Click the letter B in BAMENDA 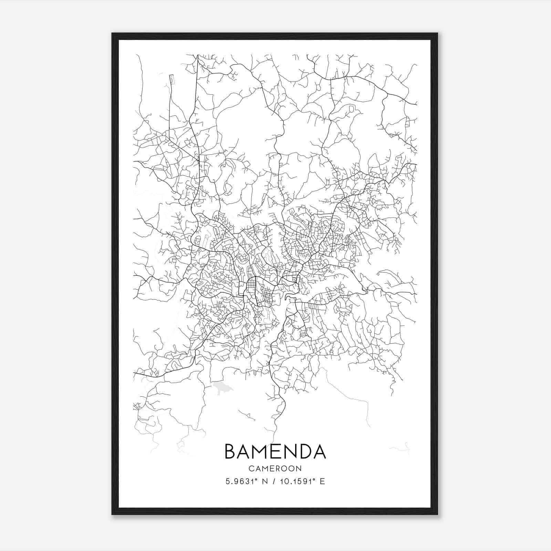tap(231, 451)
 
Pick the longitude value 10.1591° tap(298, 481)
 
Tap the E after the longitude tap(322, 481)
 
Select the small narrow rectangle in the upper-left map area tap(171, 80)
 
